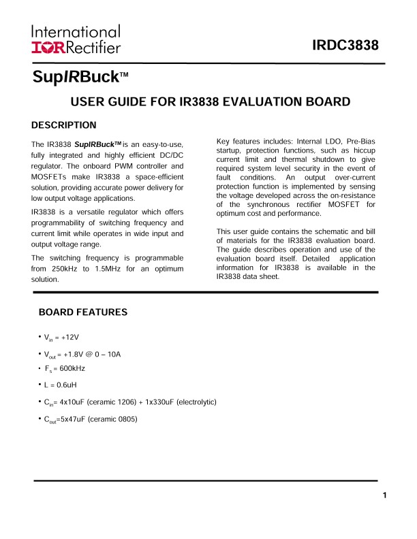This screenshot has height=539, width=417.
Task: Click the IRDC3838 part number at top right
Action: click(345, 46)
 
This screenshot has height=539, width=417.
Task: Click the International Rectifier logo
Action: click(76, 39)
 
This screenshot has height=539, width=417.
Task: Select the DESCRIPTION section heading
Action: click(64, 125)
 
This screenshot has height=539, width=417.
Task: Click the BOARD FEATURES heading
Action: click(83, 312)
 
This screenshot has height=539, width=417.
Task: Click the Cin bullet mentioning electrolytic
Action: click(129, 402)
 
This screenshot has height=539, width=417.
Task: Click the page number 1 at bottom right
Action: click(385, 495)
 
